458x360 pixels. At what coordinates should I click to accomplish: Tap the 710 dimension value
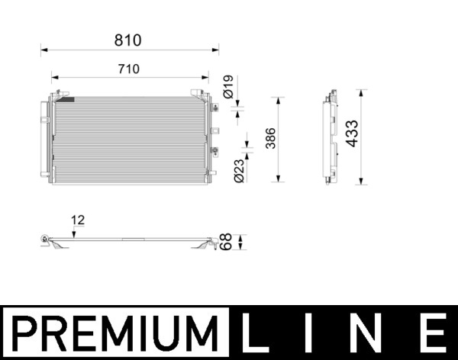pyautogui.click(x=129, y=69)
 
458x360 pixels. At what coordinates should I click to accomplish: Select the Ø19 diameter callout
pyautogui.click(x=228, y=85)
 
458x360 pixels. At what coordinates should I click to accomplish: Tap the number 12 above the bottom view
pyautogui.click(x=78, y=220)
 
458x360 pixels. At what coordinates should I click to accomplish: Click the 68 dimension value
pyautogui.click(x=227, y=243)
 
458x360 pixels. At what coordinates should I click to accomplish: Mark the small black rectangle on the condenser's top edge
pyautogui.click(x=66, y=98)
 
